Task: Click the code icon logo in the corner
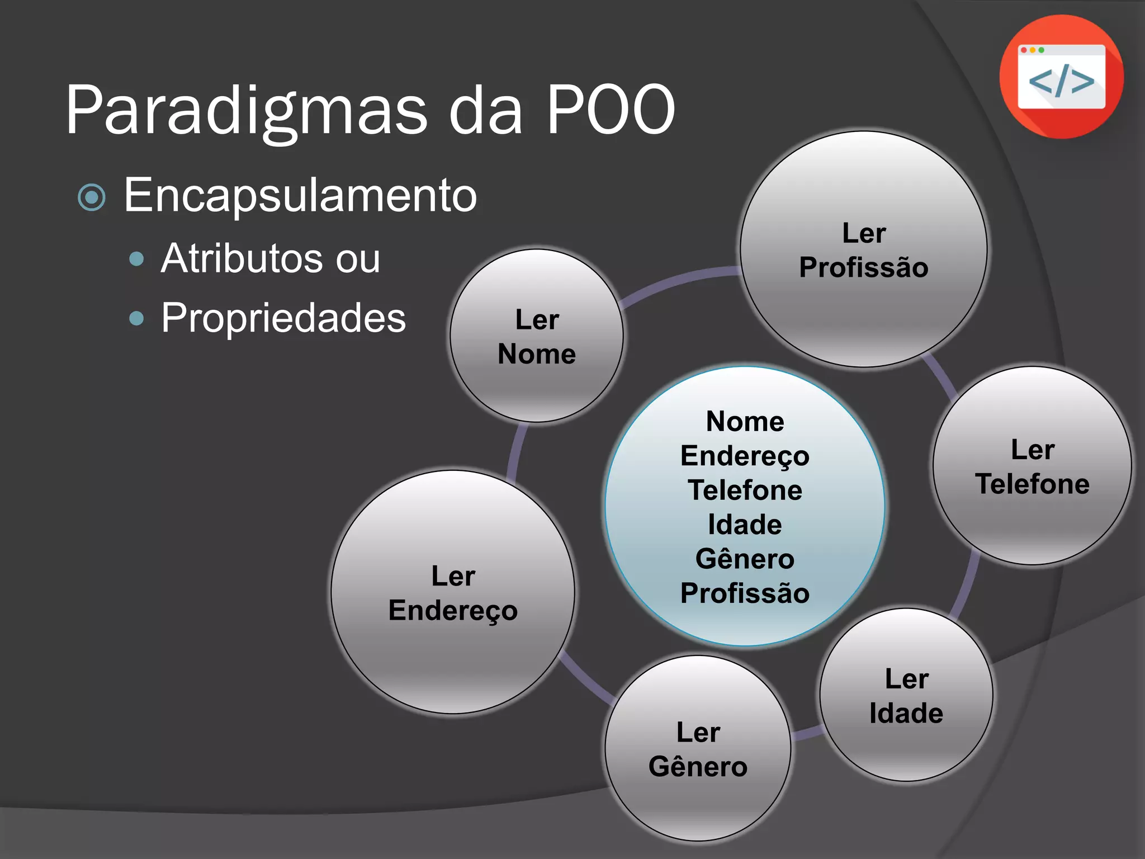coord(1061,77)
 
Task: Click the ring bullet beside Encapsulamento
coord(92,197)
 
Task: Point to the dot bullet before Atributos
coord(136,259)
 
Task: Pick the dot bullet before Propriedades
coord(136,318)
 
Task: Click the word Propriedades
coord(283,318)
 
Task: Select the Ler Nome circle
coord(537,336)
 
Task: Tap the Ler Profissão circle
coord(864,249)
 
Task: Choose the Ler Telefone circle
coord(1032,466)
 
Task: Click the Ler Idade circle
coord(906,695)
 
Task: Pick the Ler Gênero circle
coord(698,748)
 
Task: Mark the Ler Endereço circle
coord(453,592)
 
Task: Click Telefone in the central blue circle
coord(745,490)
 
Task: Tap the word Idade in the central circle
coord(745,525)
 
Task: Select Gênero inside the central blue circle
coord(745,559)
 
